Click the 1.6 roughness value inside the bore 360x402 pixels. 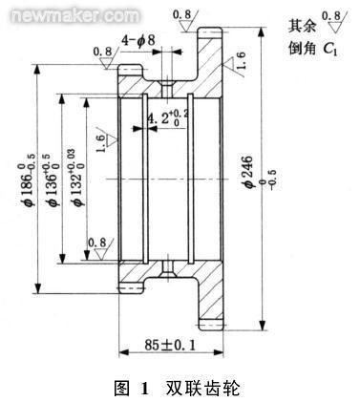(101, 145)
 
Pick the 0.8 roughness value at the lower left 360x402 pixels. (96, 243)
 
